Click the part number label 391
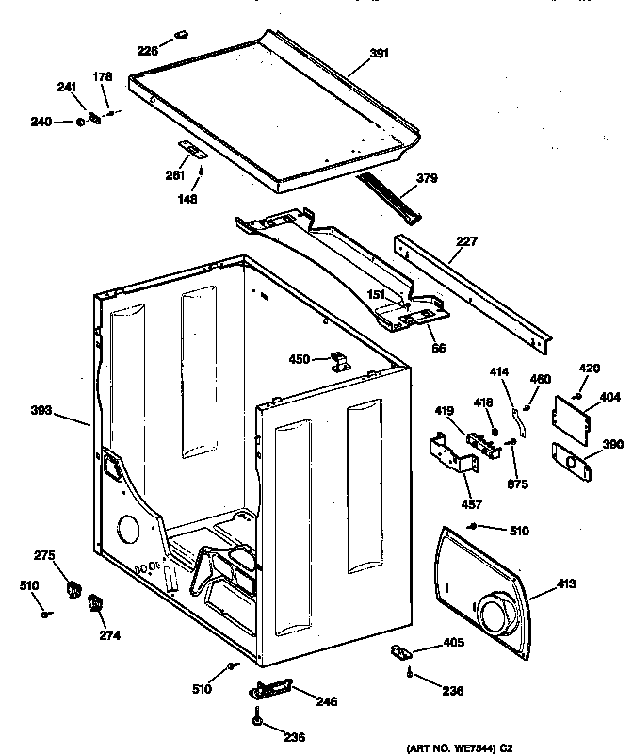pyautogui.click(x=379, y=54)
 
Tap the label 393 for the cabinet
pyautogui.click(x=41, y=411)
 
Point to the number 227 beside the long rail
pyautogui.click(x=467, y=241)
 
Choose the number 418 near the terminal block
pyautogui.click(x=484, y=402)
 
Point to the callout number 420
pyautogui.click(x=588, y=368)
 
